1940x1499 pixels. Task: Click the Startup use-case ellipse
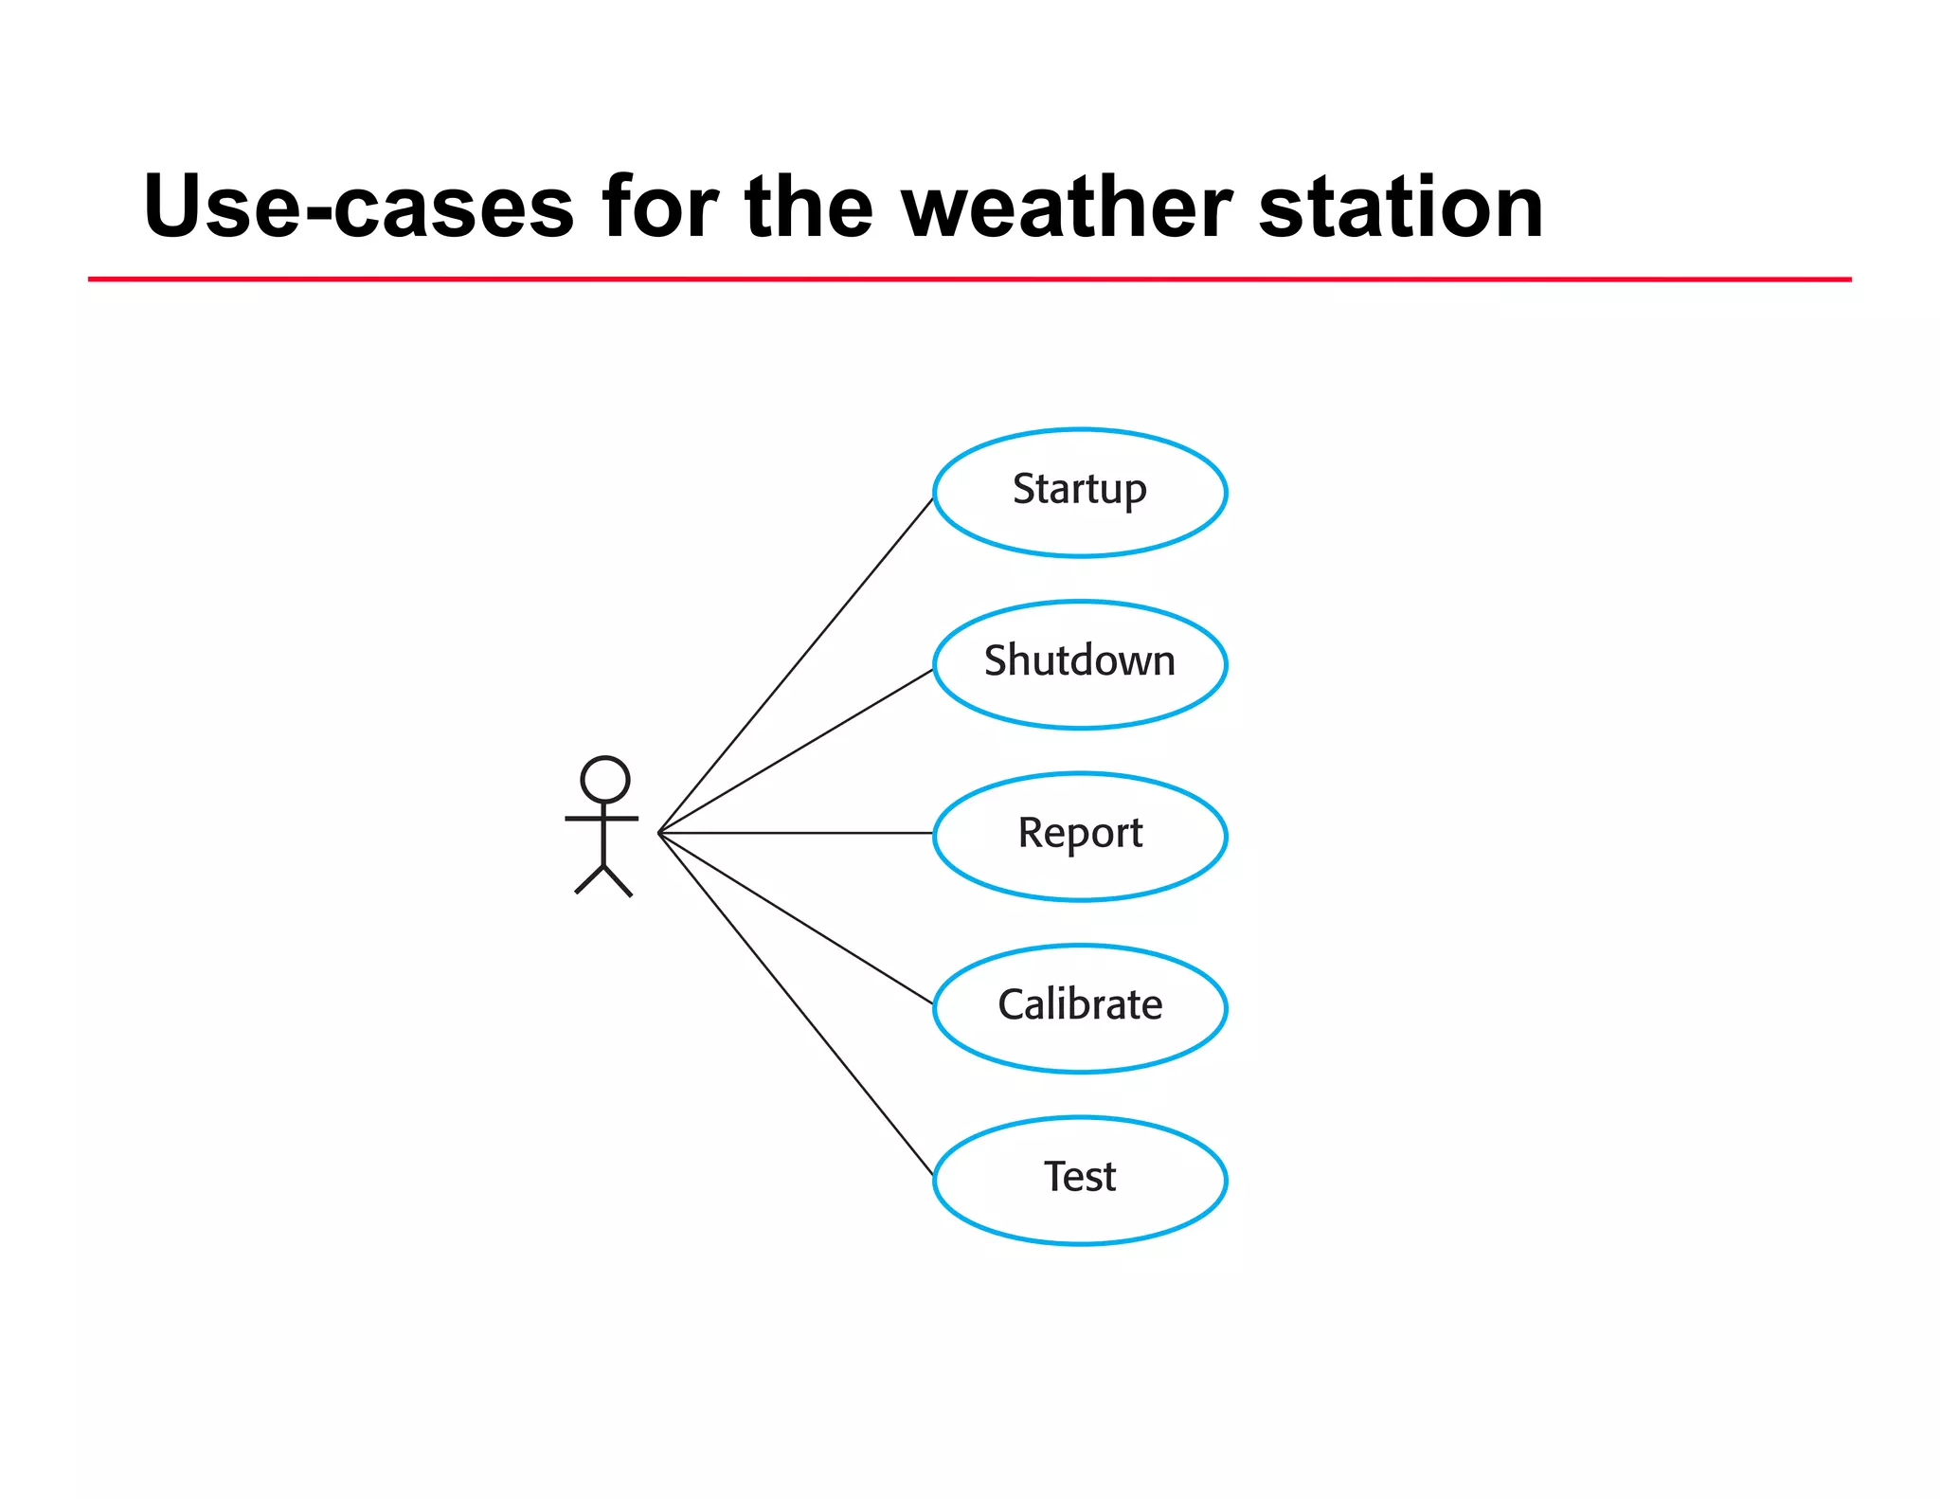[x=1080, y=492]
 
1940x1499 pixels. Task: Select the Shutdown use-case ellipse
[x=1080, y=663]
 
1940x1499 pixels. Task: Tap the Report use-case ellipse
[x=1080, y=835]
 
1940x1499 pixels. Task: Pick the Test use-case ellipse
[x=1080, y=1179]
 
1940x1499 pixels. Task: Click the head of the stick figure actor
[x=604, y=780]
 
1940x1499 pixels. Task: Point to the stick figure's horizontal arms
[x=602, y=818]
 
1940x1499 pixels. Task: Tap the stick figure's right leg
[x=619, y=881]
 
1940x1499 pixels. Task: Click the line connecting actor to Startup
[x=796, y=665]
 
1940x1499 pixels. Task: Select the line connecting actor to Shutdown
[x=796, y=750]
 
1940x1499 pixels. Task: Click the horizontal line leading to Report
[x=796, y=833]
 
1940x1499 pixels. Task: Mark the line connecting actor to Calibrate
[x=796, y=917]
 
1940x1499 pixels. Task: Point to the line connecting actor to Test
[x=796, y=1003]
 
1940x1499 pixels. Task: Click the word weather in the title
[x=1067, y=207]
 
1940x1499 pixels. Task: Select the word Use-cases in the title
[x=358, y=207]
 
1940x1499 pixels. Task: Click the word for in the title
[x=659, y=207]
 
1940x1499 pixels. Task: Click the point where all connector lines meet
[x=659, y=833]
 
